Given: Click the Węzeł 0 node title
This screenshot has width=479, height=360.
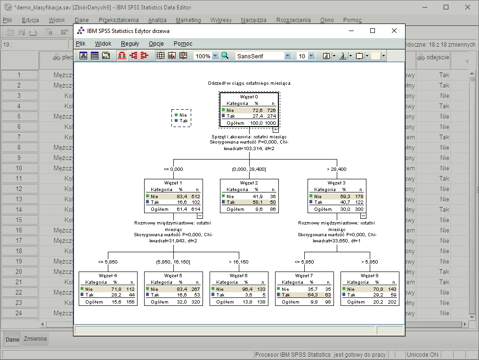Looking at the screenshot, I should tap(249, 96).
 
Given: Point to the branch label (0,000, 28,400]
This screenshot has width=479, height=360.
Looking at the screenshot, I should tap(249, 169).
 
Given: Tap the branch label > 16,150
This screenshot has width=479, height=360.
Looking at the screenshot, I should tap(239, 262).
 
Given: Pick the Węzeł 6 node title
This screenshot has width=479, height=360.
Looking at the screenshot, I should tap(239, 275).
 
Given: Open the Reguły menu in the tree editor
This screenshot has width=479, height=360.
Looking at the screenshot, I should tap(130, 43).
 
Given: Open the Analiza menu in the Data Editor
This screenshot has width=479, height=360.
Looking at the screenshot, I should tap(157, 20).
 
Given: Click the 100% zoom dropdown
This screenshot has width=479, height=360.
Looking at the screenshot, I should tap(207, 56).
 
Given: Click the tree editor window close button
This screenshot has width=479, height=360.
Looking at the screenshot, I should tap(394, 31).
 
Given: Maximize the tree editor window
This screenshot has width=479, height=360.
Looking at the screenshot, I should tap(373, 31).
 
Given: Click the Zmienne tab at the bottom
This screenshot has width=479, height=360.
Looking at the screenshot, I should tap(35, 339).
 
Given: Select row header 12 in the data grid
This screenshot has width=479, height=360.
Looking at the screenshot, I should tap(19, 189).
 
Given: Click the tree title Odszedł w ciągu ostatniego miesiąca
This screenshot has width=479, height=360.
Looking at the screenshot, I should tap(249, 83).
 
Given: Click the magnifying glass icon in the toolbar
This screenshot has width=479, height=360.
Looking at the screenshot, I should tap(225, 56).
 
